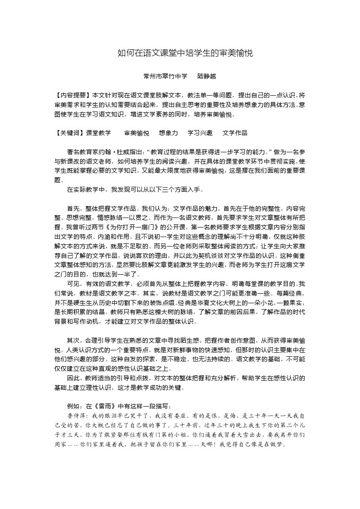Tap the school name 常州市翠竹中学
tap(165, 77)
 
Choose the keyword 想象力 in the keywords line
tap(168, 133)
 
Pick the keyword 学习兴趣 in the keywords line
tap(200, 133)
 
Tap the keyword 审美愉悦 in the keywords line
tap(136, 133)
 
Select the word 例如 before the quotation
tap(73, 406)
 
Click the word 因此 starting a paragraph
tap(73, 378)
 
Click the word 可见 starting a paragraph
tap(73, 284)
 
